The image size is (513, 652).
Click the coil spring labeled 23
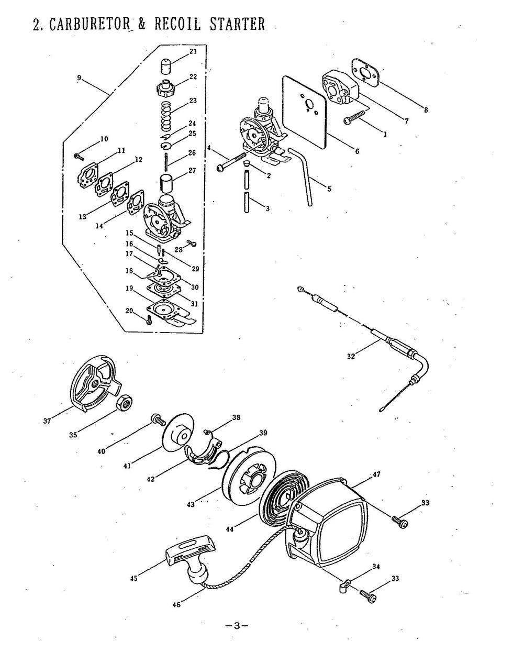click(166, 116)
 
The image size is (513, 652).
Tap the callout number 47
click(376, 474)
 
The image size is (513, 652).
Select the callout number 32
click(351, 357)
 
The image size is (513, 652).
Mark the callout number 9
click(79, 78)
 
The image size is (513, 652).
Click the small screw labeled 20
click(150, 321)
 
